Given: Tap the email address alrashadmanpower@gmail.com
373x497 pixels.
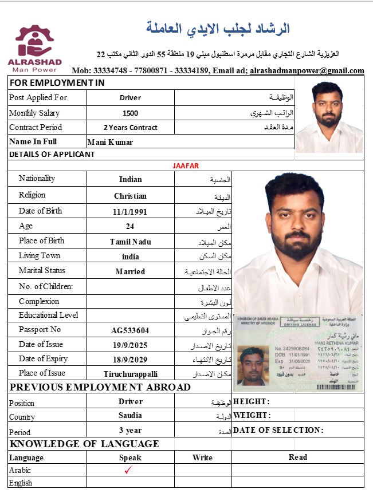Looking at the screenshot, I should tap(307, 71).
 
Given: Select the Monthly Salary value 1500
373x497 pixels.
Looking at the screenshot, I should tap(131, 113).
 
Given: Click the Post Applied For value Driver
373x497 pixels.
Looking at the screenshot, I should tap(131, 98).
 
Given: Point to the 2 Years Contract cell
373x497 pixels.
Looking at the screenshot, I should tap(131, 128).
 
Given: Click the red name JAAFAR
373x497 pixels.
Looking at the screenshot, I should tap(186, 166).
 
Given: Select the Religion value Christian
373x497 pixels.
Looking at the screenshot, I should tap(131, 196).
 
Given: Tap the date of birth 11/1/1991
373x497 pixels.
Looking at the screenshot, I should tap(131, 212).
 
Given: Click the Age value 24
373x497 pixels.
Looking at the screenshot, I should tap(131, 226).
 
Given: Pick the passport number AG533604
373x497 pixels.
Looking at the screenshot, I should tap(131, 330).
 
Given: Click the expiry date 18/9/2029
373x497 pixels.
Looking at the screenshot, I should tap(131, 360).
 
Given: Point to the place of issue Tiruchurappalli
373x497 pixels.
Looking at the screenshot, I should tap(131, 374).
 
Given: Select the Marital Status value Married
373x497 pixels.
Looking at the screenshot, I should tap(131, 272).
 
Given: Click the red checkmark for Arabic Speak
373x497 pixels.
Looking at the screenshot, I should tap(129, 470).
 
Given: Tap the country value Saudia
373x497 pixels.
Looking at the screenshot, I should tap(131, 416).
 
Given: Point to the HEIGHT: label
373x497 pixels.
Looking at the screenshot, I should tap(252, 402).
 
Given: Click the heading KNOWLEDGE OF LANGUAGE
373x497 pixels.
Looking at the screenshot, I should tap(84, 444).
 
